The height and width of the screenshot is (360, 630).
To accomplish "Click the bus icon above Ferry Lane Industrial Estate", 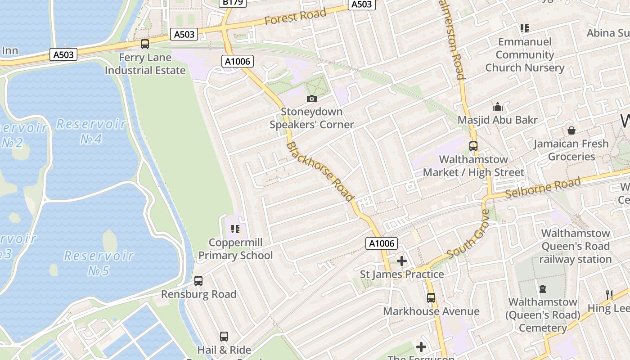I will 144,44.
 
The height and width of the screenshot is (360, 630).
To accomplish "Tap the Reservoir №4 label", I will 91,131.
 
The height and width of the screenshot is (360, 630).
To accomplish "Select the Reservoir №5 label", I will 99,263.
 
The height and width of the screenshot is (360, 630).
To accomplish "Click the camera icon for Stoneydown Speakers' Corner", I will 311,99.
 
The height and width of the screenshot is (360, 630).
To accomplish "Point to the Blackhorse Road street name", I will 320,171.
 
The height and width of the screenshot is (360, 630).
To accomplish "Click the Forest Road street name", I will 295,17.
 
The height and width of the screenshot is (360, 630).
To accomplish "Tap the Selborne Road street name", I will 543,188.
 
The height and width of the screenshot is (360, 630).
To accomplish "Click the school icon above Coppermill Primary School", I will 235,229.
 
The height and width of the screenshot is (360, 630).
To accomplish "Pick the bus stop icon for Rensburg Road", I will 198,281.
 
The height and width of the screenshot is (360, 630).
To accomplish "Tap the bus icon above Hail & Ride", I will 224,336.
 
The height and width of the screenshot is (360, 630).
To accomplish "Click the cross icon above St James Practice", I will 402,261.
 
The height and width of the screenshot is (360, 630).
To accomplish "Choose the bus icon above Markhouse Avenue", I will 431,298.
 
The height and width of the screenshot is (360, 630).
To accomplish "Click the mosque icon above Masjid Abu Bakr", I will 497,107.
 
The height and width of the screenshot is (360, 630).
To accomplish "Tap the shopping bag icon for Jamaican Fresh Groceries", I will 571,130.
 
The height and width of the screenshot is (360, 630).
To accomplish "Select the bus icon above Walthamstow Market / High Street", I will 473,146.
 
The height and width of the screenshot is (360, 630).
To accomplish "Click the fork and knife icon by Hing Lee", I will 609,295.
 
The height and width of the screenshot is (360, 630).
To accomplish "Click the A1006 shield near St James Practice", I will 382,243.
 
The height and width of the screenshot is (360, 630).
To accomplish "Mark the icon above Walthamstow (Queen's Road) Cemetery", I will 543,288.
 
